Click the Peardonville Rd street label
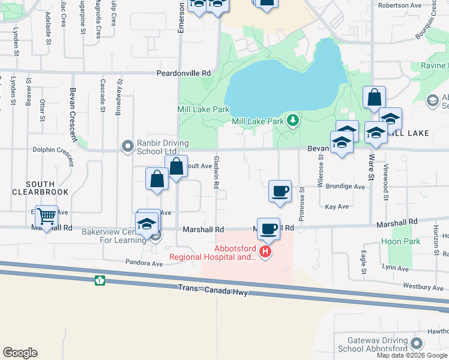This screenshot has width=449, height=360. click(x=184, y=73)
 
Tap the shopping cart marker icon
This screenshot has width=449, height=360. click(x=46, y=216)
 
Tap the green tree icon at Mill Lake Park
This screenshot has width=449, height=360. click(x=293, y=121)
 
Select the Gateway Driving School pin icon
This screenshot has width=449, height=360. click(x=415, y=344)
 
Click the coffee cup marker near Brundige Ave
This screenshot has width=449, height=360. click(x=280, y=191)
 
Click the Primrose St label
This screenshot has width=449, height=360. click(x=301, y=204)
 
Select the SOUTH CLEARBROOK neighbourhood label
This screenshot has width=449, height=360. click(x=40, y=188)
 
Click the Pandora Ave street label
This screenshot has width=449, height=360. click(x=144, y=263)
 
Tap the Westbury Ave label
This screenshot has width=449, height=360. click(x=423, y=287)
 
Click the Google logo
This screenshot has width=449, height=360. click(x=20, y=353)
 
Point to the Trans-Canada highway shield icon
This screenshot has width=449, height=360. click(x=100, y=280)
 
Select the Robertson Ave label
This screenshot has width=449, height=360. click(x=398, y=5)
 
